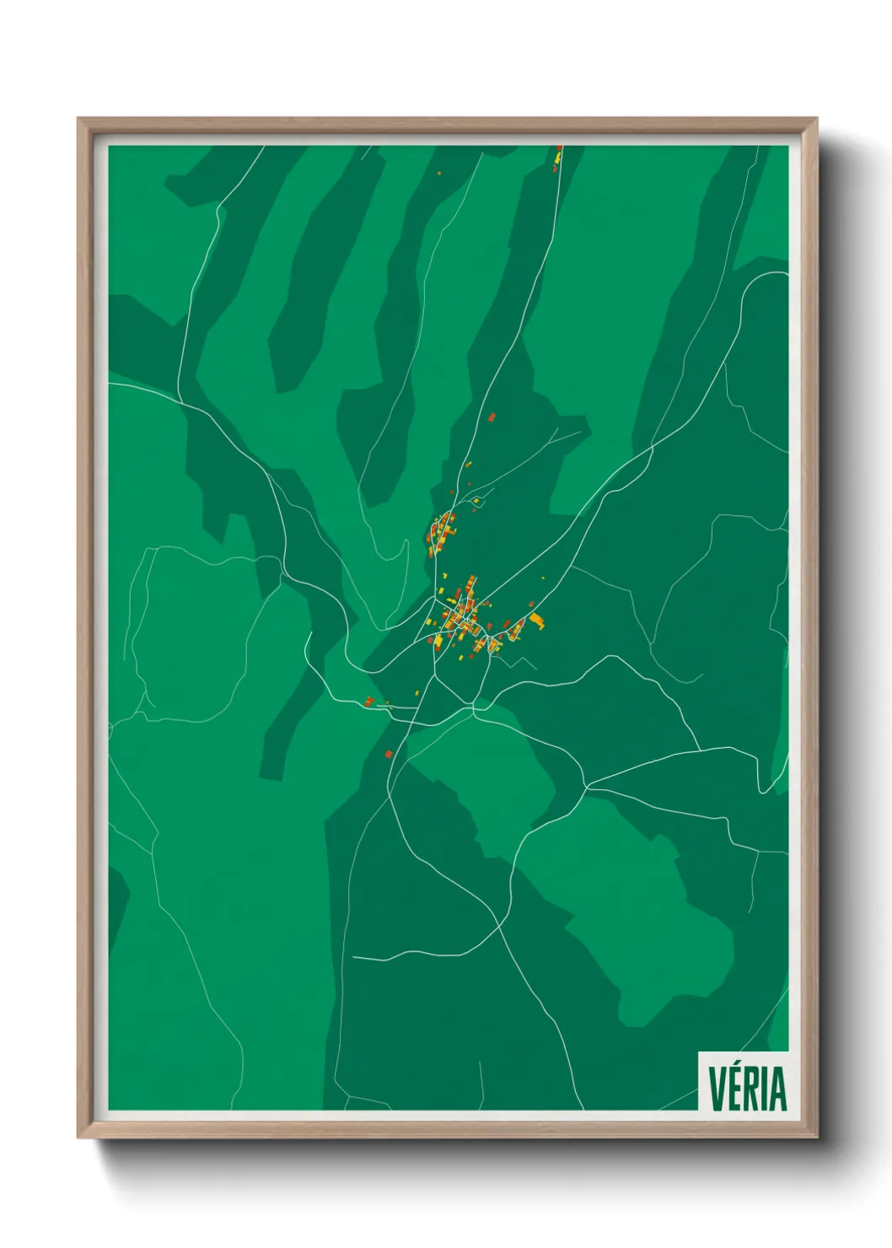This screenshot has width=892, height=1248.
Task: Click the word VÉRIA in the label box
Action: tap(747, 1089)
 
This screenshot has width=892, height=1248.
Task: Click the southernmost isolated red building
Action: tap(388, 753)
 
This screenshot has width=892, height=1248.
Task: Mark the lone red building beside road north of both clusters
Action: tap(492, 417)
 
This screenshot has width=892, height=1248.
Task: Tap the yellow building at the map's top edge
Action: tap(558, 157)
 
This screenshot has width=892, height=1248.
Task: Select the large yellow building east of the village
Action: tap(536, 621)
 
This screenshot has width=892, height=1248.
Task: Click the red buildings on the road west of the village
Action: tap(368, 701)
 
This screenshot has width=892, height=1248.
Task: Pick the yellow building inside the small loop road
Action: tap(476, 501)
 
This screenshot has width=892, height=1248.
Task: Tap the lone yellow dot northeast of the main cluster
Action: tap(543, 578)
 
